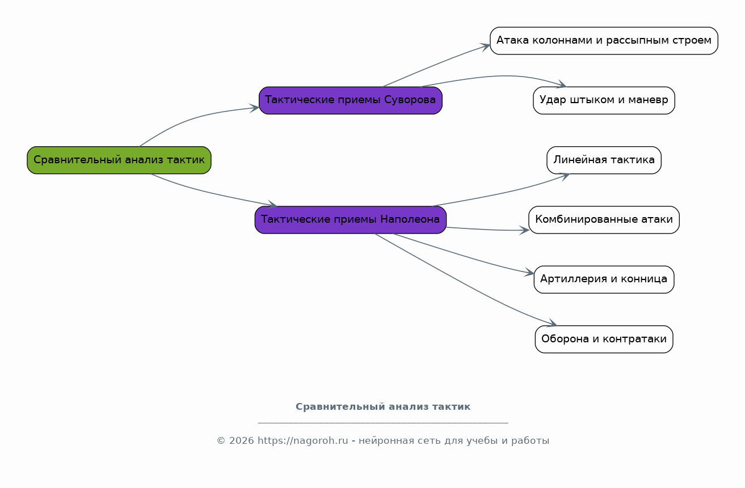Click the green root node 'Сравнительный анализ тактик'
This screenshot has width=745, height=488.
pos(119,160)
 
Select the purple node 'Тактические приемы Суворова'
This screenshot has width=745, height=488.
pos(351,100)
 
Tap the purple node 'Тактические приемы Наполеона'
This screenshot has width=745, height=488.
pos(351,220)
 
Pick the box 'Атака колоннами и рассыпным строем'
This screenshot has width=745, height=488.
pos(604,41)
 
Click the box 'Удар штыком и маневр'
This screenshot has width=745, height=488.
pos(604,100)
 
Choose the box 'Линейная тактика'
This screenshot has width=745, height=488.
pos(604,160)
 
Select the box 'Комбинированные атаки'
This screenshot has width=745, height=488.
pos(604,220)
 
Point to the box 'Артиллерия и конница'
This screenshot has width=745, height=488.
pos(604,279)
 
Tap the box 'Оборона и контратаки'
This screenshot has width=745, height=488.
pos(604,339)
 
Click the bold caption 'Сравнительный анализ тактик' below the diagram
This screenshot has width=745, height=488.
pos(383,406)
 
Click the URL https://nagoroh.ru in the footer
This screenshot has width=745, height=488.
pos(302,440)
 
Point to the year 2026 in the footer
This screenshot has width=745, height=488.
pos(242,440)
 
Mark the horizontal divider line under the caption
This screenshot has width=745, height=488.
pos(383,423)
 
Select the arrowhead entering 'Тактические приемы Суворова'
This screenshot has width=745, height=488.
pos(255,108)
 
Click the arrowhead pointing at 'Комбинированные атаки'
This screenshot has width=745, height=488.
pos(524,230)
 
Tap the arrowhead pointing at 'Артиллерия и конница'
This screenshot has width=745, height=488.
pos(529,273)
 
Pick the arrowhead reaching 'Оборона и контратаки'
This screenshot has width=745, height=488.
pos(552,323)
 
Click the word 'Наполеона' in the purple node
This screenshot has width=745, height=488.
pos(410,219)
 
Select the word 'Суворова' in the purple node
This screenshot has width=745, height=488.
pos(410,100)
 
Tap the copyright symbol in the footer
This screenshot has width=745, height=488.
pos(221,441)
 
